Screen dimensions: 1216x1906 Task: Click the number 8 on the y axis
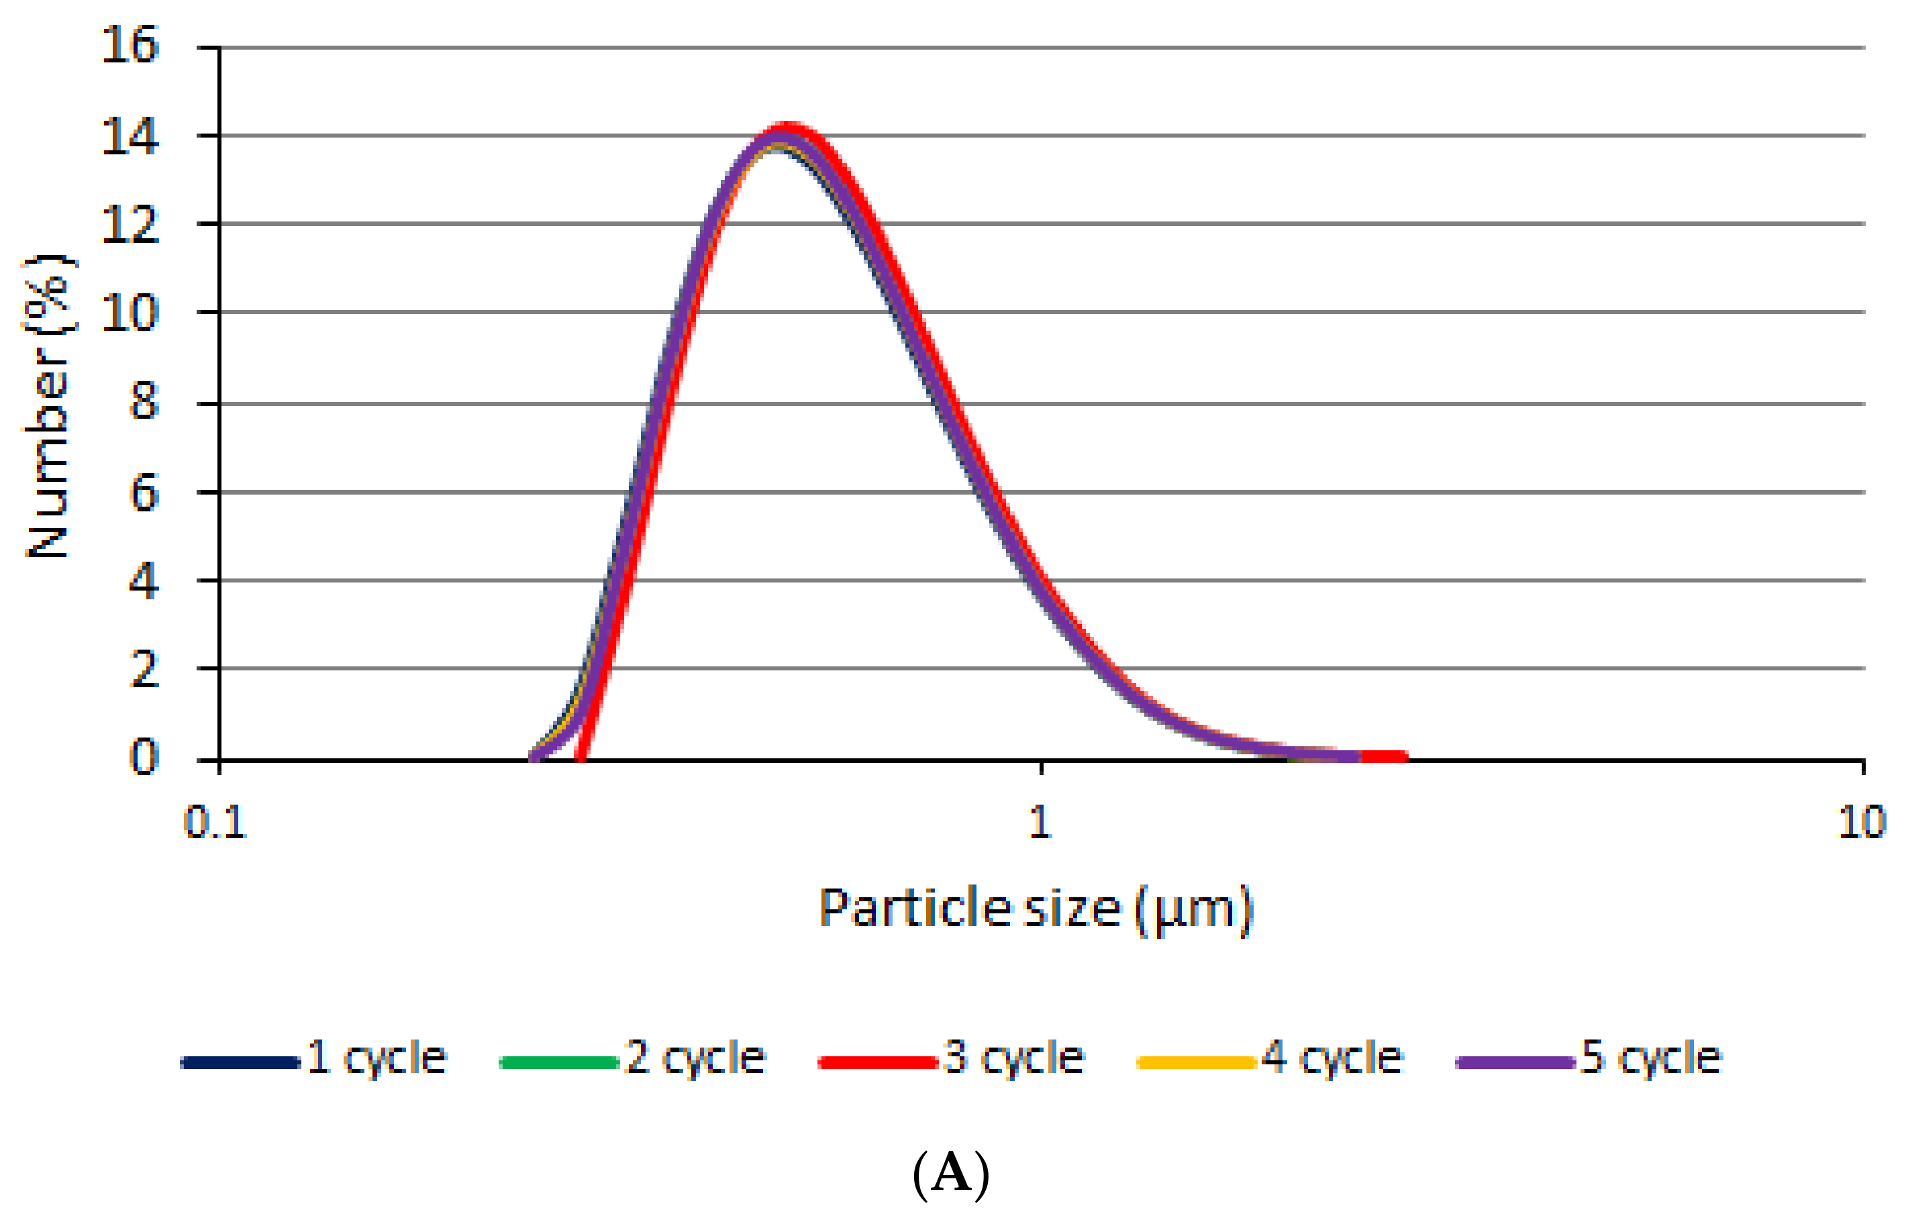(144, 403)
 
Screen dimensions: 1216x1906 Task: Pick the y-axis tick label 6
(144, 495)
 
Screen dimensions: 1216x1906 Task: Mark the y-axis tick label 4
(144, 582)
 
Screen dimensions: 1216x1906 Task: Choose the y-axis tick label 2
(144, 670)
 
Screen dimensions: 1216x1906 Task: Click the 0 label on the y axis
(144, 758)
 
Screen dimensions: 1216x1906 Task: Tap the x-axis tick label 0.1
(215, 823)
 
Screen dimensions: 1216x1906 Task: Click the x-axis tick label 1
(1040, 823)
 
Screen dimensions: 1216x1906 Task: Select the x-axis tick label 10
(1862, 823)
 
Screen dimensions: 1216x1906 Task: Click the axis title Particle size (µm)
(1036, 909)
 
